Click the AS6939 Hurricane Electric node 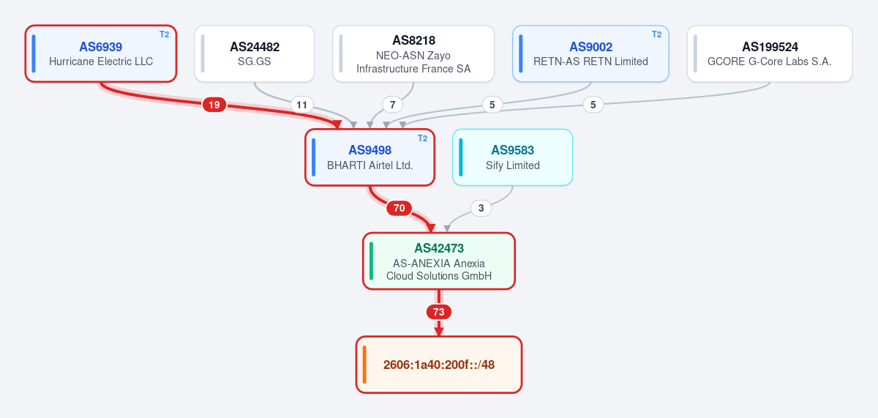pos(101,53)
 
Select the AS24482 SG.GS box pos(255,53)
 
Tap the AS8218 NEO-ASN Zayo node pos(413,53)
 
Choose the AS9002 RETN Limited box pos(590,53)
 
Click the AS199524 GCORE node pos(770,53)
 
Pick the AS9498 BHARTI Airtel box pos(370,157)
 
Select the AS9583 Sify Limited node pos(513,157)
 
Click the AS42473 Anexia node pos(439,261)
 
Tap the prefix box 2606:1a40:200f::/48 pos(439,365)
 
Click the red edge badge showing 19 pos(214,105)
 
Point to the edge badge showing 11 pos(301,105)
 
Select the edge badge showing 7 pos(392,105)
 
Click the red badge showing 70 pos(399,208)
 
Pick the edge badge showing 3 pos(481,208)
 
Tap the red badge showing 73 pos(438,312)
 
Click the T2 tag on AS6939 pos(164,34)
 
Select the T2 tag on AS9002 pos(656,34)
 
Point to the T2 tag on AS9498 pos(422,138)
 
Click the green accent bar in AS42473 pos(371,261)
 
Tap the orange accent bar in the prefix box pos(364,365)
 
